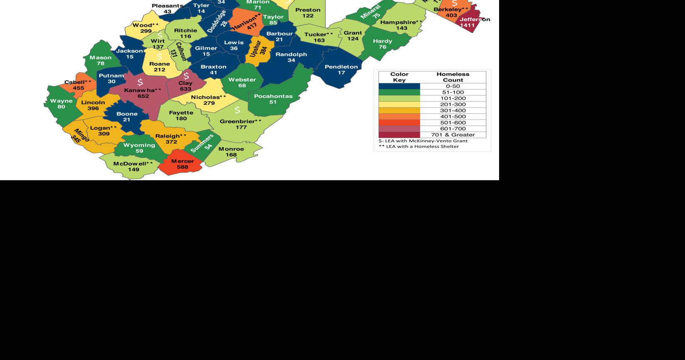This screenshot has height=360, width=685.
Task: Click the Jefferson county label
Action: (475, 20)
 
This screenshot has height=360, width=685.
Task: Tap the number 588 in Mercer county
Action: (182, 167)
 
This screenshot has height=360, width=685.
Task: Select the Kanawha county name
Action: (142, 90)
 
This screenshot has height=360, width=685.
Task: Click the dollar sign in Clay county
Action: (186, 76)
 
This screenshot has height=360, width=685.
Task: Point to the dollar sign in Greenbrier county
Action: (237, 110)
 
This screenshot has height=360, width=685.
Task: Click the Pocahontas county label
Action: (273, 96)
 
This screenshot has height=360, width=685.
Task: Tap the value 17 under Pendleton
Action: (341, 73)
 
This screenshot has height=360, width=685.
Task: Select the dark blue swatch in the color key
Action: (399, 87)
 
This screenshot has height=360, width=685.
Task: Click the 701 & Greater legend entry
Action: (453, 135)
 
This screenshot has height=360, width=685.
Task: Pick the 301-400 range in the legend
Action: (453, 111)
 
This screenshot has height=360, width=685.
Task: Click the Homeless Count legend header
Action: (453, 77)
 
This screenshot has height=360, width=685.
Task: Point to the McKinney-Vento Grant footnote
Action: (423, 141)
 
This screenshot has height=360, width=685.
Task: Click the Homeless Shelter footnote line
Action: (419, 146)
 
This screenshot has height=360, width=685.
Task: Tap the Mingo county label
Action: (80, 134)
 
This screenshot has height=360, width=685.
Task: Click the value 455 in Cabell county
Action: (78, 88)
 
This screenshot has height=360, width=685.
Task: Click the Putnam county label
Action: (111, 76)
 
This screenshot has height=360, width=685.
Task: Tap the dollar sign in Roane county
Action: (159, 56)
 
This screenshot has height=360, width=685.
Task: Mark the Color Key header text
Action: (399, 77)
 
